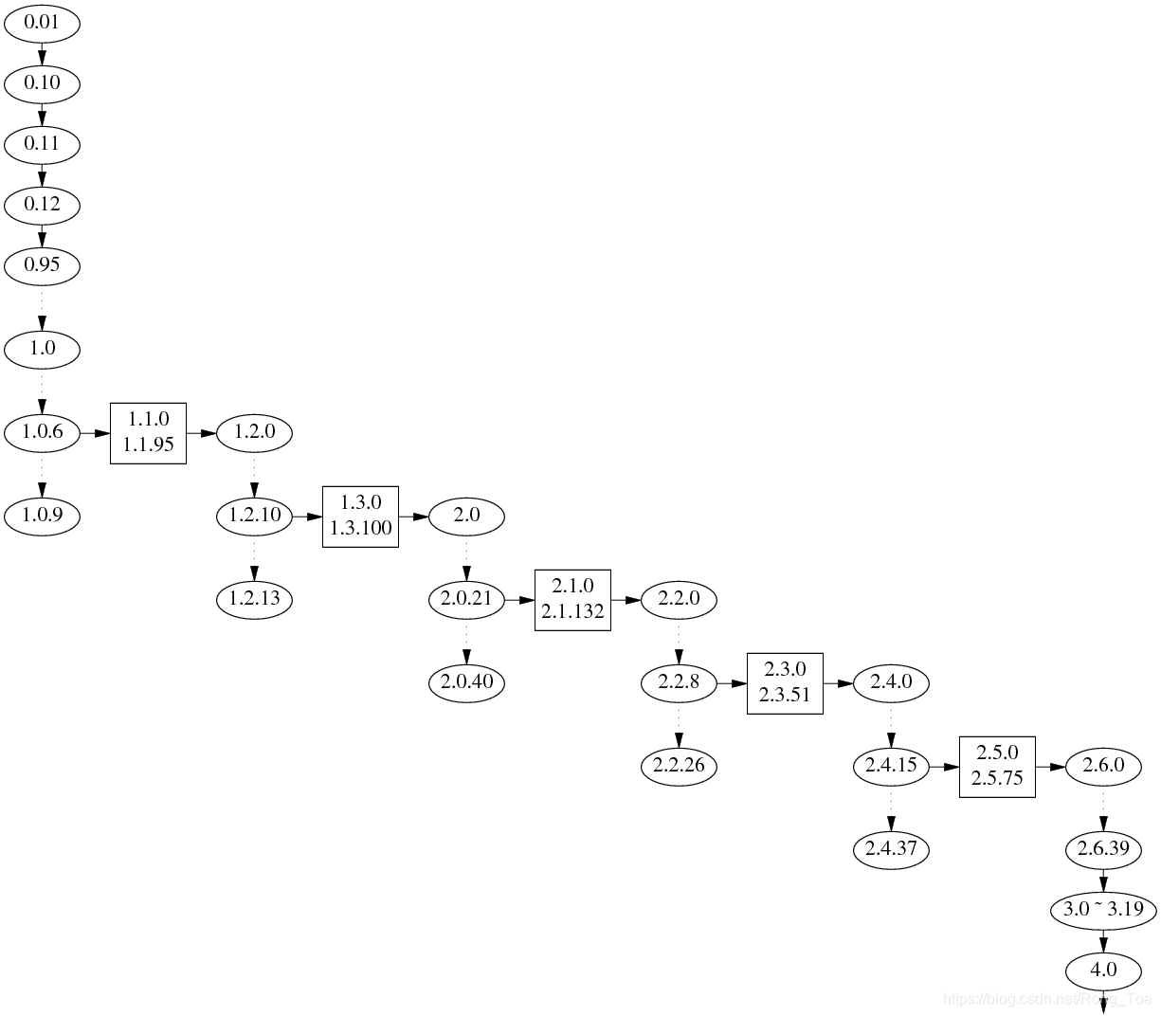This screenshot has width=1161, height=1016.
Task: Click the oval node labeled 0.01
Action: point(42,23)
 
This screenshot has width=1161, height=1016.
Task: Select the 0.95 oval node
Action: point(42,265)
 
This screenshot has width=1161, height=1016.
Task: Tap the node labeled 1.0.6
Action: point(42,433)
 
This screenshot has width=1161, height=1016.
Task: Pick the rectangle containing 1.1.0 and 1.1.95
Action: point(148,433)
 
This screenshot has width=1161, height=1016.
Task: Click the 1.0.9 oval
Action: point(42,517)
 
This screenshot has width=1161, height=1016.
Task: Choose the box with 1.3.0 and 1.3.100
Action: point(360,517)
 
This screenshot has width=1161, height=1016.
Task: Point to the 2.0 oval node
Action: point(466,517)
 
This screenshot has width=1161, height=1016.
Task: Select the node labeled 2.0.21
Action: point(466,600)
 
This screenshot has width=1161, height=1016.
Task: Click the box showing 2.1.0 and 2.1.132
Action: point(572,600)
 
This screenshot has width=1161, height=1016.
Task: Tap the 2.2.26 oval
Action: point(679,766)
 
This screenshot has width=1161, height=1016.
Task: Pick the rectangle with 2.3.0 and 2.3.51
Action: point(785,683)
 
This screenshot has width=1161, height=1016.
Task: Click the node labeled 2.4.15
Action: point(891,766)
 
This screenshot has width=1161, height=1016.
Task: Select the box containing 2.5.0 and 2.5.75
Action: point(997,766)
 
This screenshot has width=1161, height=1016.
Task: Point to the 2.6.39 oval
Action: point(1103,849)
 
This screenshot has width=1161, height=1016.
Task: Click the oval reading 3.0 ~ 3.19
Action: point(1103,910)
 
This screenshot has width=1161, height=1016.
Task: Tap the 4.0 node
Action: point(1103,971)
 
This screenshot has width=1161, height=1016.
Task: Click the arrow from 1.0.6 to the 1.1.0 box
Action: point(95,433)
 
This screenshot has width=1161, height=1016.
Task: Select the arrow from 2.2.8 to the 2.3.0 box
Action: point(732,683)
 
